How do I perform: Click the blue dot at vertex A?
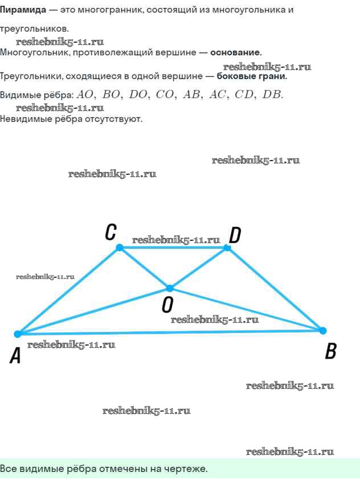point(18,334)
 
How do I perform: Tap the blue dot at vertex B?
point(322,331)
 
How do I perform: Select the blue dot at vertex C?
point(120,247)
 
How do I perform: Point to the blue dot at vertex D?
point(227,248)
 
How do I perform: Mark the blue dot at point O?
point(170,288)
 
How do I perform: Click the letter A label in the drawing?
point(15,355)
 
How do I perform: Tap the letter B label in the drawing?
point(330,351)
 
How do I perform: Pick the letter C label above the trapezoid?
point(111,232)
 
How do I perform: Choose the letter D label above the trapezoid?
point(235,236)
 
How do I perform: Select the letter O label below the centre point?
point(167,305)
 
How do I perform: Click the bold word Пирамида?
point(23,10)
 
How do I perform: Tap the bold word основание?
point(236,52)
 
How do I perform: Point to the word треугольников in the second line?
point(34,29)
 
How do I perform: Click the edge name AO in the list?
point(85,95)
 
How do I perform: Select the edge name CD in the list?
point(244,95)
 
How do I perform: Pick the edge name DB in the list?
point(272,95)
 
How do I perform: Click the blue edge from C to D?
point(173,248)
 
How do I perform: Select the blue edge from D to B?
point(275,289)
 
